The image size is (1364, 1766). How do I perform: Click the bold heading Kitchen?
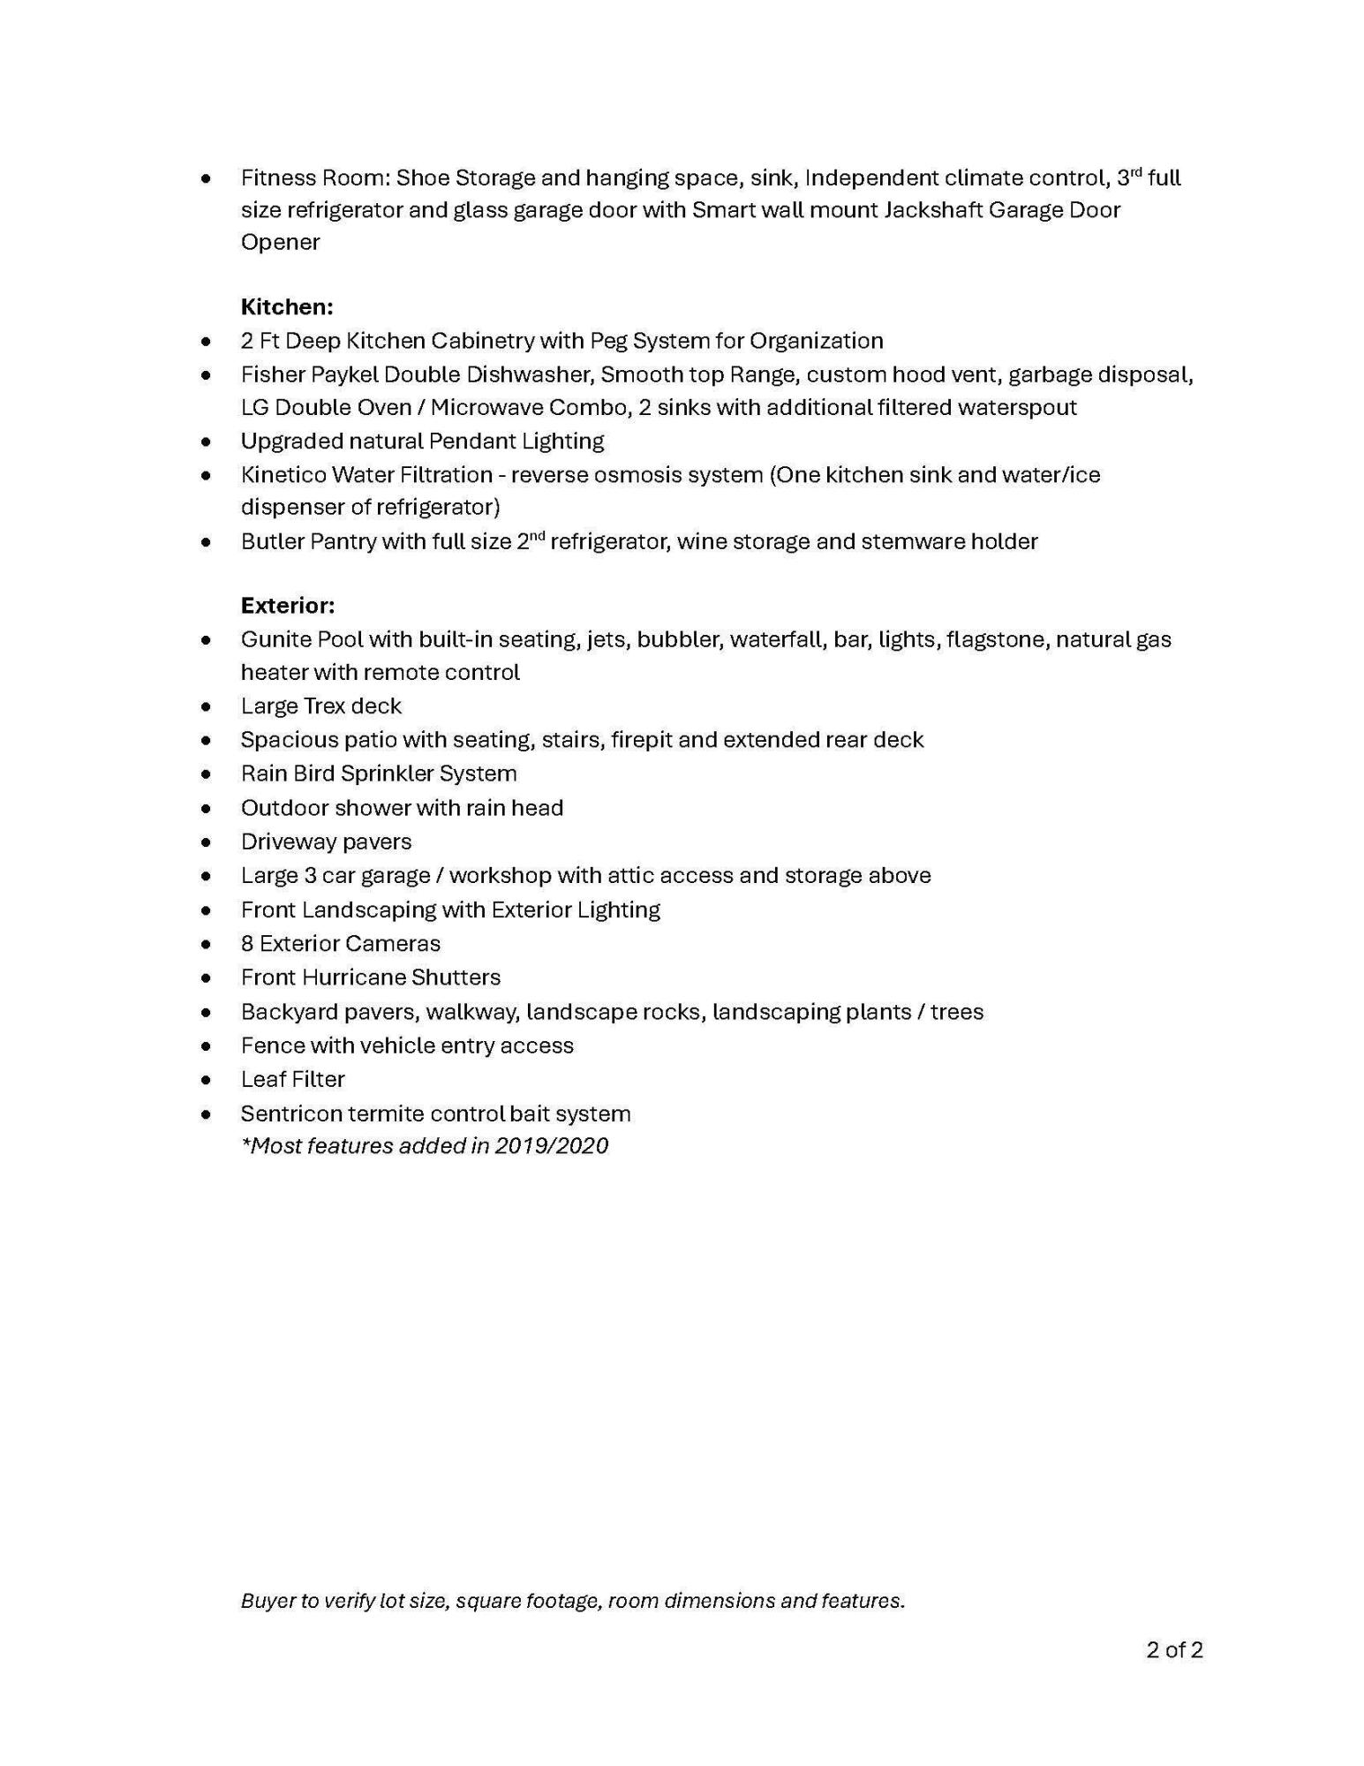[x=286, y=306]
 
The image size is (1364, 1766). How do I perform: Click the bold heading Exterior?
[x=287, y=605]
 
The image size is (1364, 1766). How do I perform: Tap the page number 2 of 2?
[x=1173, y=1649]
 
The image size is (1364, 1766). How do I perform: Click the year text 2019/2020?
[x=551, y=1145]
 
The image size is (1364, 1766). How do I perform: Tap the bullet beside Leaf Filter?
[x=206, y=1080]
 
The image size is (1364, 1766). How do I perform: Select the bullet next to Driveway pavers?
[x=206, y=842]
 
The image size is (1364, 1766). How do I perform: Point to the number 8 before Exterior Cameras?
[x=247, y=943]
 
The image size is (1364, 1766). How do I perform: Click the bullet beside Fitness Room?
[x=206, y=178]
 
